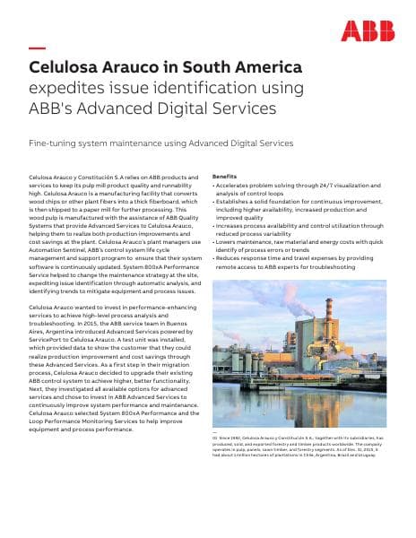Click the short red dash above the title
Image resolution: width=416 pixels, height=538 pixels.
[37, 48]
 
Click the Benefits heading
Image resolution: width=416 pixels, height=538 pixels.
[224, 178]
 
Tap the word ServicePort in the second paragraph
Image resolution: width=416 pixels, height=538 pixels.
[48, 340]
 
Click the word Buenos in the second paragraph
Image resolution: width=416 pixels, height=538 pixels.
[179, 324]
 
